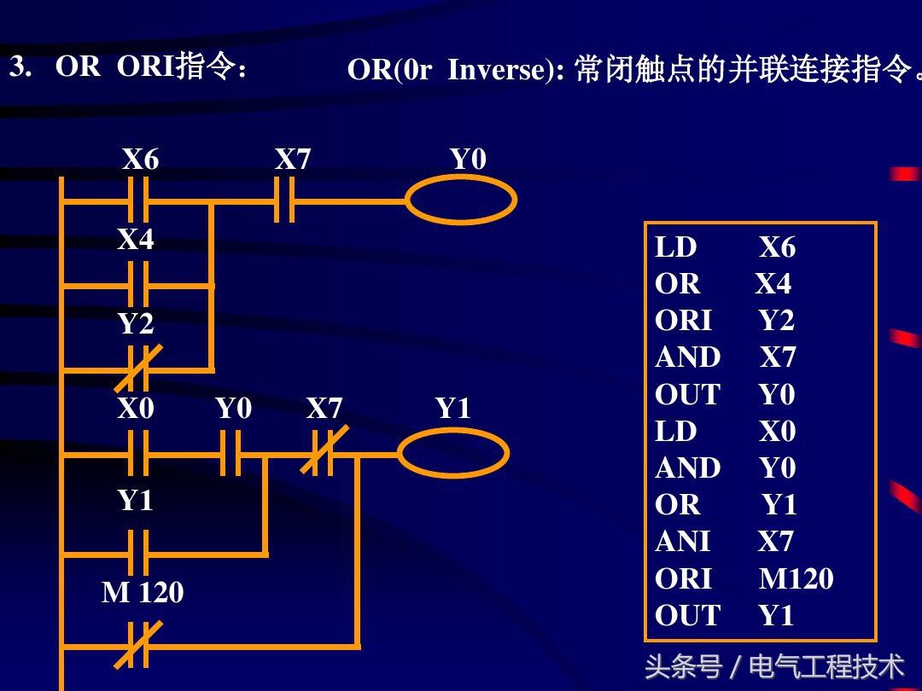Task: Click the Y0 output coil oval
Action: [x=460, y=201]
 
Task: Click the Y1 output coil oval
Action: [x=453, y=452]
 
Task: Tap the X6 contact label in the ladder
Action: [x=140, y=160]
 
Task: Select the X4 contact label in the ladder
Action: [x=136, y=240]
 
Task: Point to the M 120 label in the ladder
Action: [x=143, y=592]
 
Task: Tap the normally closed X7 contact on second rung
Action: [x=322, y=453]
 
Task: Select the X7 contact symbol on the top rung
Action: [x=284, y=202]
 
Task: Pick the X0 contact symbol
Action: [x=137, y=453]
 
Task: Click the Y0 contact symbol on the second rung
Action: [x=230, y=453]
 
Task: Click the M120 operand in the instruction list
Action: [x=796, y=579]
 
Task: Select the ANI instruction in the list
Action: [x=682, y=542]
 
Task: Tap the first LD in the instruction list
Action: [x=676, y=247]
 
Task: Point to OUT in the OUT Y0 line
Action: [x=687, y=395]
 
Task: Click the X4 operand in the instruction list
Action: [x=773, y=284]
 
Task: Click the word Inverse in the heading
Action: [x=501, y=70]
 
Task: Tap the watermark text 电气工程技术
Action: [x=826, y=666]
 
